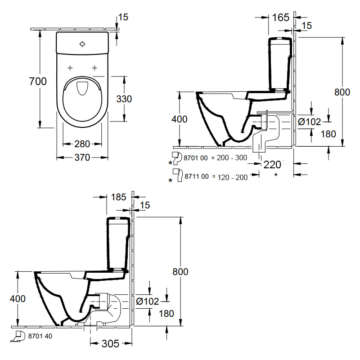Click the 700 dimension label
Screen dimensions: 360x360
pyautogui.click(x=38, y=81)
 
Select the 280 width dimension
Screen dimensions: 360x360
pyautogui.click(x=82, y=144)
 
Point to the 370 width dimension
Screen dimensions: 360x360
pyautogui.click(x=82, y=157)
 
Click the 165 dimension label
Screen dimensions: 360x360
pyautogui.click(x=280, y=18)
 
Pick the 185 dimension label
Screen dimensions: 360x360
pyautogui.click(x=118, y=197)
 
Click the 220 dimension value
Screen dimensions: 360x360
pyautogui.click(x=272, y=165)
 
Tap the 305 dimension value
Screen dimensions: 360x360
pyautogui.click(x=110, y=344)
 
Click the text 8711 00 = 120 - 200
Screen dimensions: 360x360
pyautogui.click(x=216, y=177)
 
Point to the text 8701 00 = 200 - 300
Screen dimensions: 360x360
pyautogui.click(x=216, y=157)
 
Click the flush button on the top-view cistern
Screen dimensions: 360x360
pyautogui.click(x=82, y=44)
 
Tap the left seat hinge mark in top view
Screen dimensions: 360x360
pyautogui.click(x=70, y=68)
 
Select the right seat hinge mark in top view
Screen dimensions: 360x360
pyautogui.click(x=94, y=68)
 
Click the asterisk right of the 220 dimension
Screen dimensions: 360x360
pyautogui.click(x=276, y=175)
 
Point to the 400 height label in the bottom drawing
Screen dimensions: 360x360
pyautogui.click(x=18, y=298)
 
